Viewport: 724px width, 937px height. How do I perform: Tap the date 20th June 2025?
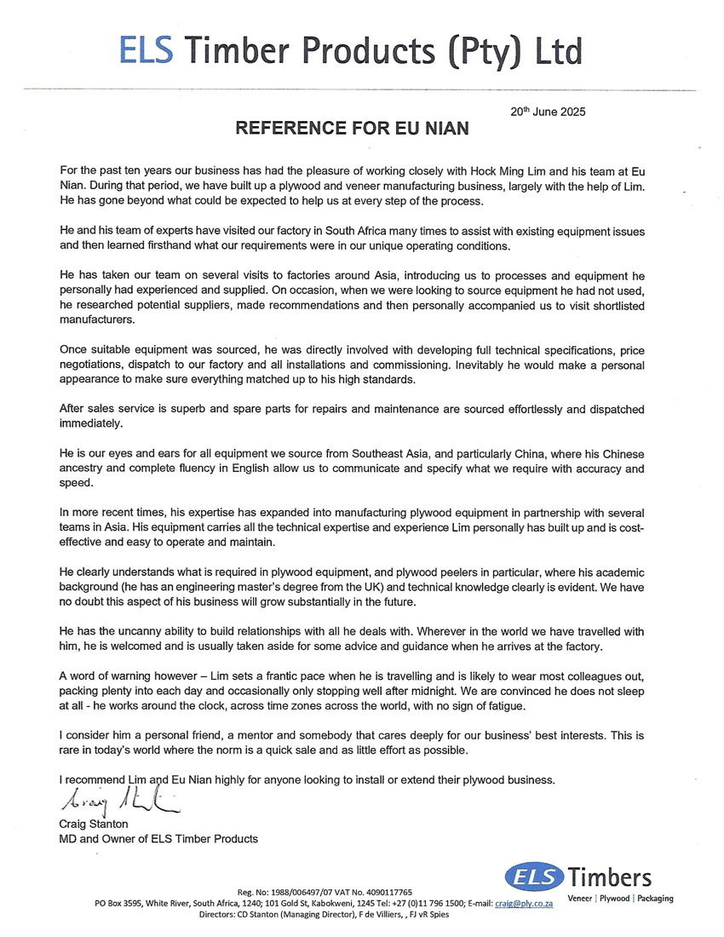tap(548, 112)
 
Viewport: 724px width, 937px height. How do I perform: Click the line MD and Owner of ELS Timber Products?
tap(158, 839)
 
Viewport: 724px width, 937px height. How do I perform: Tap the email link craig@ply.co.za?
tap(525, 903)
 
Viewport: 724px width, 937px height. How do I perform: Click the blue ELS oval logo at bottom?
tap(534, 877)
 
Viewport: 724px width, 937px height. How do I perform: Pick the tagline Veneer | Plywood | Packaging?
tap(620, 899)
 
